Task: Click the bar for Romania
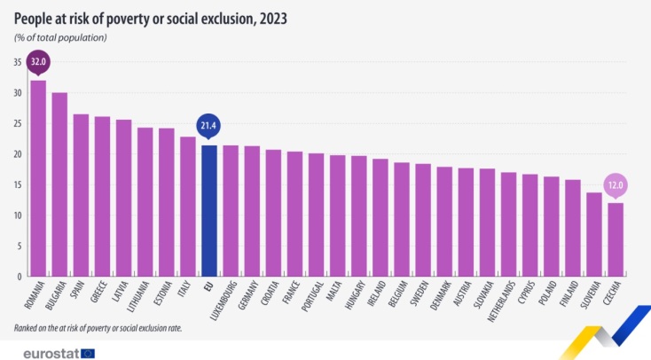(38, 178)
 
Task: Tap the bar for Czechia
(615, 239)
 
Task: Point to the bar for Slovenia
(593, 234)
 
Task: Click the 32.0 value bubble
(38, 62)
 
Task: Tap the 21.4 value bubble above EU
(208, 126)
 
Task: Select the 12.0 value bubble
(615, 184)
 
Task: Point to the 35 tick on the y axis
(17, 62)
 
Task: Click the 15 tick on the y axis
(17, 184)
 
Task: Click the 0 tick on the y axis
(19, 277)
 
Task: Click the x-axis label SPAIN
(77, 293)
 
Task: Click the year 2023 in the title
(269, 18)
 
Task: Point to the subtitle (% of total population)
(60, 37)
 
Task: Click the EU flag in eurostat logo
(87, 352)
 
